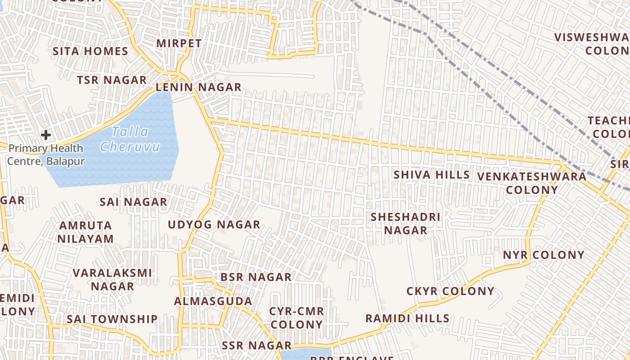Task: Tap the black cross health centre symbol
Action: pyautogui.click(x=45, y=135)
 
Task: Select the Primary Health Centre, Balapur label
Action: pyautogui.click(x=46, y=154)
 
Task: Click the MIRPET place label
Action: pyautogui.click(x=179, y=43)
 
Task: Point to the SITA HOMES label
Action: pyautogui.click(x=90, y=51)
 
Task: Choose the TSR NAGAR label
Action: pyautogui.click(x=112, y=80)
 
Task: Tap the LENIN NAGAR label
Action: pyautogui.click(x=198, y=87)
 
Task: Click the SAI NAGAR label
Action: pyautogui.click(x=133, y=202)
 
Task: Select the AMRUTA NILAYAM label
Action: pyautogui.click(x=85, y=232)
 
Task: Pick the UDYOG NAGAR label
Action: pyautogui.click(x=214, y=225)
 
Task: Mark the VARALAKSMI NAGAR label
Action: pyautogui.click(x=112, y=279)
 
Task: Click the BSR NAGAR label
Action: pyautogui.click(x=256, y=277)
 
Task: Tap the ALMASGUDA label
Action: pyautogui.click(x=213, y=301)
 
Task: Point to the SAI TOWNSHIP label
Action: pyautogui.click(x=112, y=319)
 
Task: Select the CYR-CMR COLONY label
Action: pyautogui.click(x=297, y=318)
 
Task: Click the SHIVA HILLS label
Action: pyautogui.click(x=432, y=175)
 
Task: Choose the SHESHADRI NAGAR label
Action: pyautogui.click(x=405, y=224)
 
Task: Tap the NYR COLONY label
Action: pyautogui.click(x=544, y=255)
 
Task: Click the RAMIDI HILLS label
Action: pyautogui.click(x=407, y=319)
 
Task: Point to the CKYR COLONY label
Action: pyautogui.click(x=450, y=291)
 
